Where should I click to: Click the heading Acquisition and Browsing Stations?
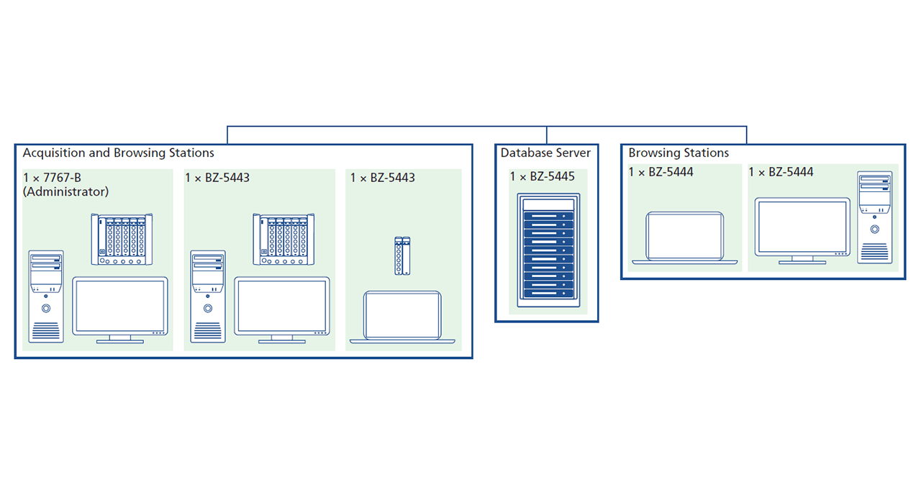coord(118,153)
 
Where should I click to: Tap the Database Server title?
coord(545,153)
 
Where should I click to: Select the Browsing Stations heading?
coord(679,153)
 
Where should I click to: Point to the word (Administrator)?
coord(66,192)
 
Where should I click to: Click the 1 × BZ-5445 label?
coord(543,177)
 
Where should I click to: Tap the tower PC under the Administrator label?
coord(46,296)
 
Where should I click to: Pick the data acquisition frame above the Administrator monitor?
coord(122,240)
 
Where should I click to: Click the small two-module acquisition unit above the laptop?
coord(402,256)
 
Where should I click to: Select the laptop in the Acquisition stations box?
coord(402,317)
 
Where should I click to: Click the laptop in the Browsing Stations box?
coord(684,237)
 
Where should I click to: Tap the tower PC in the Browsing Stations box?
coord(874,217)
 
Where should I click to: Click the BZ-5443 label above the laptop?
coord(383,178)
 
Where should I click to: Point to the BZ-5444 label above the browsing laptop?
coord(661,173)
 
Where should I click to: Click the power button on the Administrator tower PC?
coord(46,308)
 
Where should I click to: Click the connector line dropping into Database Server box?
coord(547,135)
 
